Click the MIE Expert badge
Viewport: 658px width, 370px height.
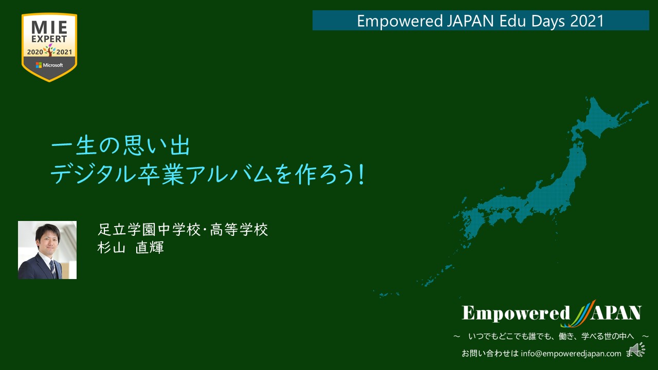pyautogui.click(x=49, y=47)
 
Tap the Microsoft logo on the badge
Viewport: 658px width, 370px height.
pyautogui.click(x=49, y=65)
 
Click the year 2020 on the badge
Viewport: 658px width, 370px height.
pyautogui.click(x=35, y=52)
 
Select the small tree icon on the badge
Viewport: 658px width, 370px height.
pyautogui.click(x=50, y=50)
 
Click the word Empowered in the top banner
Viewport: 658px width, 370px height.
pyautogui.click(x=400, y=21)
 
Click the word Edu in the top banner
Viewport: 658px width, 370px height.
pyautogui.click(x=513, y=21)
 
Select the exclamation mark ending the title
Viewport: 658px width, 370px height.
pyautogui.click(x=361, y=175)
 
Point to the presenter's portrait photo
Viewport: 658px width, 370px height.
pyautogui.click(x=47, y=250)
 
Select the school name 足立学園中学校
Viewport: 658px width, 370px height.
pyautogui.click(x=149, y=230)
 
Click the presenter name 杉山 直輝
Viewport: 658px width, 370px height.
pyautogui.click(x=131, y=248)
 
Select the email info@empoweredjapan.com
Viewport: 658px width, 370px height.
pyautogui.click(x=571, y=354)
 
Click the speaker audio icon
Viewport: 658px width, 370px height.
pyautogui.click(x=637, y=349)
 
